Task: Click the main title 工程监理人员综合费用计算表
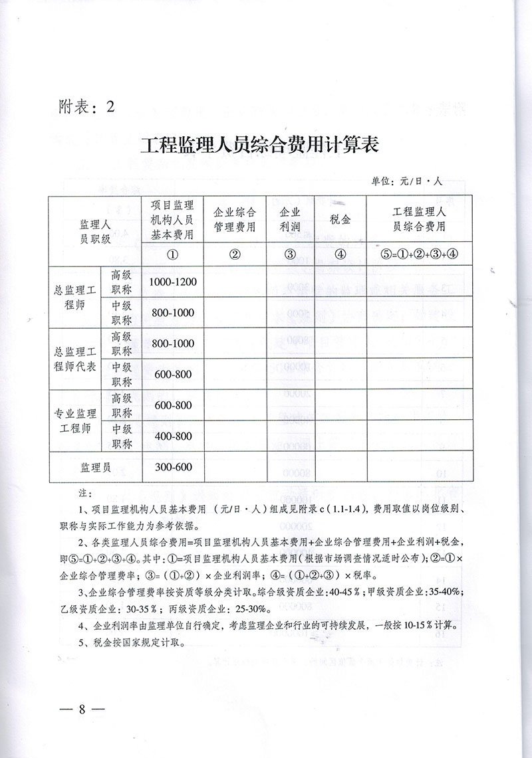pyautogui.click(x=259, y=144)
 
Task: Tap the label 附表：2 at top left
pyautogui.click(x=83, y=106)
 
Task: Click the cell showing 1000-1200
pyautogui.click(x=173, y=282)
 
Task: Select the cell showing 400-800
pyautogui.click(x=173, y=436)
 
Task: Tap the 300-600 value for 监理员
pyautogui.click(x=173, y=467)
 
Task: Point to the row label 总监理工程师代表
pyautogui.click(x=75, y=359)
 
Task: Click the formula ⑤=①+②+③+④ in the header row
pyautogui.click(x=419, y=253)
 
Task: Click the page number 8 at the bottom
pyautogui.click(x=83, y=707)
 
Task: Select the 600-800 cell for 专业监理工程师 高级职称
pyautogui.click(x=173, y=405)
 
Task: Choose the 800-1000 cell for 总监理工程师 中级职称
pyautogui.click(x=173, y=312)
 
